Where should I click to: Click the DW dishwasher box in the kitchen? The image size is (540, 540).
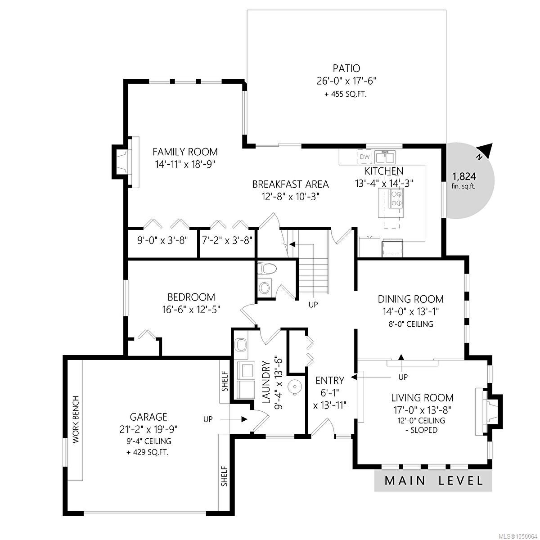[x=364, y=157]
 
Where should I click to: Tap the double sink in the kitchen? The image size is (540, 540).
[x=385, y=157]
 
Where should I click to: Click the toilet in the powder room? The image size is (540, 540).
[x=267, y=269]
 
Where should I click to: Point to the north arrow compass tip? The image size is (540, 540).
[x=492, y=144]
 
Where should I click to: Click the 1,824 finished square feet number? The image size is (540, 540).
[x=464, y=176]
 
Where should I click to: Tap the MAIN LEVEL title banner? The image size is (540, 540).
[x=433, y=481]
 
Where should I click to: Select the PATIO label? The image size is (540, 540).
[x=346, y=68]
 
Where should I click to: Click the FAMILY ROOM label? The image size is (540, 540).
[x=185, y=152]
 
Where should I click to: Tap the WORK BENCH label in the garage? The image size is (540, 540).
[x=76, y=419]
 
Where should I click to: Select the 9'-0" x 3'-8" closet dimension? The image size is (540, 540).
[x=162, y=240]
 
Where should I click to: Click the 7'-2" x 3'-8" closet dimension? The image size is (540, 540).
[x=227, y=240]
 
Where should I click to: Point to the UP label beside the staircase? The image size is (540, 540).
[x=313, y=305]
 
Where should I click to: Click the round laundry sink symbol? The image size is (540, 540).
[x=294, y=387]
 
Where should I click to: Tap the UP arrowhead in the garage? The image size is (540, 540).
[x=244, y=419]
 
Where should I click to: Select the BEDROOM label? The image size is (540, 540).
[x=191, y=297]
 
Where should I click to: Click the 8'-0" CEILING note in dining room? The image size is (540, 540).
[x=411, y=324]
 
